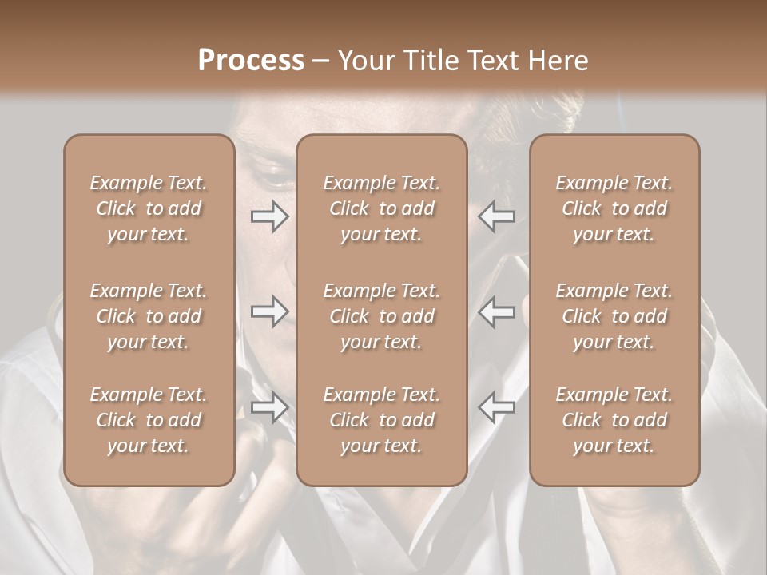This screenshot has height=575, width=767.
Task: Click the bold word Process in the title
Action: [251, 61]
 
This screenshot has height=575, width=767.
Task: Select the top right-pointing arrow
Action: [269, 216]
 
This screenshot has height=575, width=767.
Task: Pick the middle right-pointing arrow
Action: [269, 311]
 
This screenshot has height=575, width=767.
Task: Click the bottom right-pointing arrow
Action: [269, 407]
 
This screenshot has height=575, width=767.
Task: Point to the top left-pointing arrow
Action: [497, 216]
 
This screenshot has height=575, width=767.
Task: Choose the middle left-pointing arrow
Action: [497, 311]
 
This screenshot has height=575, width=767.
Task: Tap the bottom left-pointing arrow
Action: [497, 407]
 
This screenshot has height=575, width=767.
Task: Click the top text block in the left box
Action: [149, 208]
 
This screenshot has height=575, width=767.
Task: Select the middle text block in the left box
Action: [149, 316]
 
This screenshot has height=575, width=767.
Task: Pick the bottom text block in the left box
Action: [149, 420]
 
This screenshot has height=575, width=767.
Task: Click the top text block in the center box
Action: [382, 208]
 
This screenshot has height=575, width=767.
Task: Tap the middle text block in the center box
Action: [382, 316]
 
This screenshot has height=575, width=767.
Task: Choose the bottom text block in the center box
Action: [382, 420]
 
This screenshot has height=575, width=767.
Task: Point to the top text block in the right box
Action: [614, 208]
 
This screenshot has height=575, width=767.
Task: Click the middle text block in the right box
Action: [614, 316]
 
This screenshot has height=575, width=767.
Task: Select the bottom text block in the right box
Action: [614, 420]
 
